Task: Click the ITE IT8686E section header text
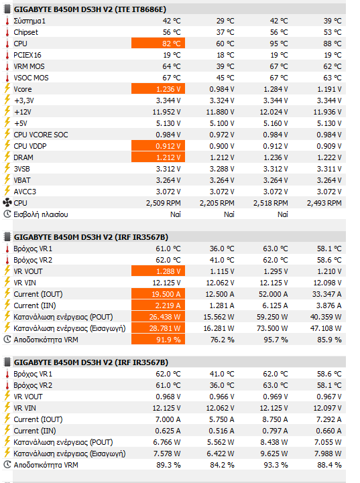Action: tap(90, 9)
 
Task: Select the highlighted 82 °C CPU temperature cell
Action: tap(158, 44)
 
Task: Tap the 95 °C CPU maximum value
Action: tap(279, 44)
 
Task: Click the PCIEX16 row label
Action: tap(27, 55)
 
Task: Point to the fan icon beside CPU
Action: tap(7, 203)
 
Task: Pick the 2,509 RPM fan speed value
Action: tap(164, 203)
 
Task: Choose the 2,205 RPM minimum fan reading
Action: tap(217, 203)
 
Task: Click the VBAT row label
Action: tap(22, 180)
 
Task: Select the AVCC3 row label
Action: tap(25, 192)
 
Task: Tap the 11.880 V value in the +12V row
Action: tap(220, 112)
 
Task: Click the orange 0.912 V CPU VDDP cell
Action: tap(158, 146)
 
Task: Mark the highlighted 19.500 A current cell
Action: tap(158, 294)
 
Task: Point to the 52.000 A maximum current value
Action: tap(274, 294)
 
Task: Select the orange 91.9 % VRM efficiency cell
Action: tap(158, 340)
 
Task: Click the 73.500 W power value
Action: tap(272, 328)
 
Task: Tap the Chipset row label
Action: tap(25, 32)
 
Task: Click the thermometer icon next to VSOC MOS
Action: tap(7, 78)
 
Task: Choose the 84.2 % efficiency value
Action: tap(222, 465)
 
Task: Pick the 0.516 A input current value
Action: tap(221, 431)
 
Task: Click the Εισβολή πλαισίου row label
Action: tap(41, 214)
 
